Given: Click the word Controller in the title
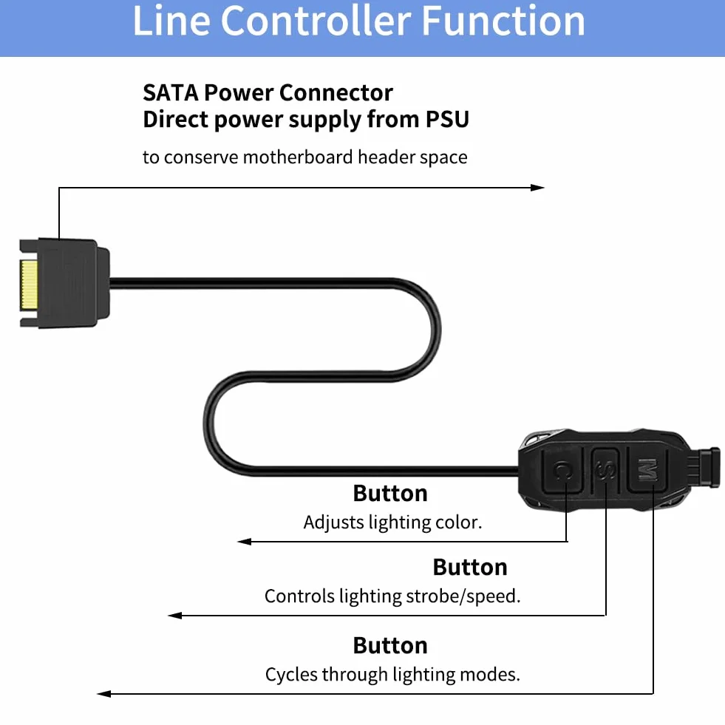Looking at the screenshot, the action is click(x=316, y=21).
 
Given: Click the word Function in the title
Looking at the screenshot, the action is click(x=503, y=21).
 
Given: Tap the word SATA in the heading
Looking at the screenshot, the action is click(x=170, y=92).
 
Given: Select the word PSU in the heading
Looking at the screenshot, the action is click(x=447, y=119).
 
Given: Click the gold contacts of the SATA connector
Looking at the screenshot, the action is click(x=28, y=285).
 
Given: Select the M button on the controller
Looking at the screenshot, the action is click(x=647, y=470).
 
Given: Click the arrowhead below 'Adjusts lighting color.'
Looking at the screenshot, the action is click(x=244, y=542).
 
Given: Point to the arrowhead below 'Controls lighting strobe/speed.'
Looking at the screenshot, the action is click(x=174, y=616).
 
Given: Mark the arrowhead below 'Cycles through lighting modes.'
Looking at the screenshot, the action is click(x=104, y=693).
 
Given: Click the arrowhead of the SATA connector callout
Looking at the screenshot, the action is click(x=537, y=188).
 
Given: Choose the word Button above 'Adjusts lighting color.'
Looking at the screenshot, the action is click(x=390, y=494).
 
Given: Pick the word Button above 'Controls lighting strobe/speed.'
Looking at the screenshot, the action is click(x=470, y=568).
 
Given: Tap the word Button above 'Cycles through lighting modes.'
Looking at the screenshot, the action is click(x=390, y=645).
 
